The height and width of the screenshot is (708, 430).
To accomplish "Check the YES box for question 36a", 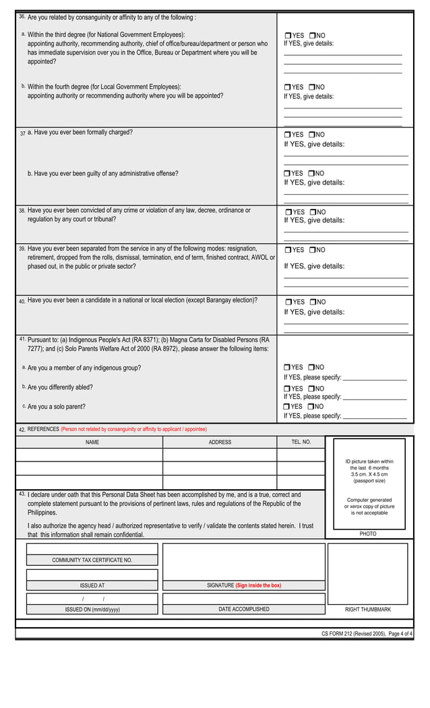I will click(287, 36).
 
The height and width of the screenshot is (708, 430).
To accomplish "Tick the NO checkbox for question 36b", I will click(313, 88).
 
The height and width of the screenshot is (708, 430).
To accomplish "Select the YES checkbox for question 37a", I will click(287, 135).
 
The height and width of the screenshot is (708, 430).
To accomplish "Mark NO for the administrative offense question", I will click(313, 173).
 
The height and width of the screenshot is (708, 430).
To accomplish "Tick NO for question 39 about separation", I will click(313, 250).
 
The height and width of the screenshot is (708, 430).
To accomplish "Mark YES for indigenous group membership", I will click(287, 368).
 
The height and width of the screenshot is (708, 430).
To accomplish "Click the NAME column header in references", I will click(92, 443).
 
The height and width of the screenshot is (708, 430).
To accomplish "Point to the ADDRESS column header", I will click(220, 443).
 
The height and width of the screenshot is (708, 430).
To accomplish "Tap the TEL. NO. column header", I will click(301, 443).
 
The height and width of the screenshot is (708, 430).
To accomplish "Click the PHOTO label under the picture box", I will click(368, 534).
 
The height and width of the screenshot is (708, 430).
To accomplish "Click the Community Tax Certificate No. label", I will click(92, 560).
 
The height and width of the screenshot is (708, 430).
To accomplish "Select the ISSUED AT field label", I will click(92, 585).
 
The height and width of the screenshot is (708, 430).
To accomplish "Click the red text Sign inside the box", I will click(258, 585).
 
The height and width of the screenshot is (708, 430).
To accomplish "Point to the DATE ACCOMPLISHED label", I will click(244, 609).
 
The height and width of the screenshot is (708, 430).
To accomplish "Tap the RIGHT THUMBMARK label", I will click(368, 609).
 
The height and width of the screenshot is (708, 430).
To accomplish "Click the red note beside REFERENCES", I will click(133, 429).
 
